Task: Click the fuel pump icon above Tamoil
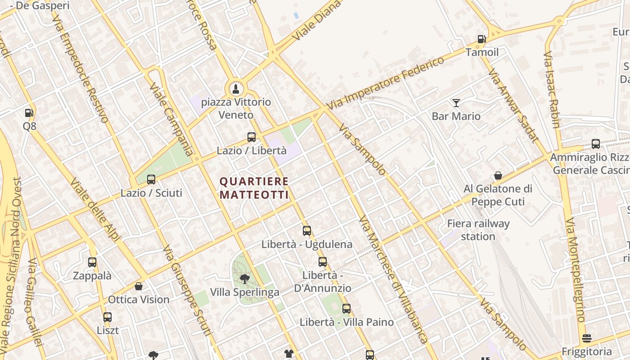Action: point(482,39)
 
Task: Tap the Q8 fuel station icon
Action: point(29,113)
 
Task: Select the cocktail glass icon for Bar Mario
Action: point(456,103)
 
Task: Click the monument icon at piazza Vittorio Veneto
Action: point(235,89)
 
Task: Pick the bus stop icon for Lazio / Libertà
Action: point(252,137)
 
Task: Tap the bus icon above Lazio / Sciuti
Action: point(151,180)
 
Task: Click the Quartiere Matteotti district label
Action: point(254,188)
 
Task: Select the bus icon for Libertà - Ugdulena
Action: point(307,231)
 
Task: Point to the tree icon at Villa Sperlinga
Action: point(244,279)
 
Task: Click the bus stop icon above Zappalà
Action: point(92,262)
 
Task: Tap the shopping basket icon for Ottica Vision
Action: point(139,286)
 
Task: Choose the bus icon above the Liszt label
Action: point(108,317)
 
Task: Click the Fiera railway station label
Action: point(478,230)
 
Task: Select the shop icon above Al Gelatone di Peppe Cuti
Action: point(498,175)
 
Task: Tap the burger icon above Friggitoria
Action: point(587,338)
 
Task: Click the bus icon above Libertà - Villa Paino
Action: point(346,309)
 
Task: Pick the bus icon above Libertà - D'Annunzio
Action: point(323,262)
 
